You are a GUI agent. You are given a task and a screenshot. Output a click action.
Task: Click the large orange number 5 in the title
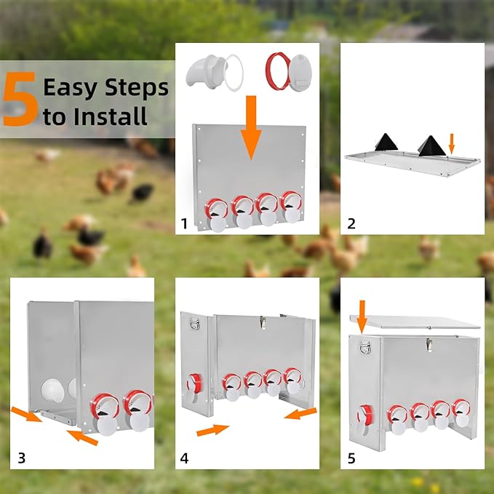[20, 99]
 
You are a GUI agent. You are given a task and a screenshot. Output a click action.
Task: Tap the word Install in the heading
[111, 116]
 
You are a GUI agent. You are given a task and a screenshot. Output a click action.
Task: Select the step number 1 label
[184, 223]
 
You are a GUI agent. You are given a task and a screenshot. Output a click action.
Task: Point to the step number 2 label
[351, 223]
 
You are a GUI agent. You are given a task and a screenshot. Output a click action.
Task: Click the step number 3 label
[21, 458]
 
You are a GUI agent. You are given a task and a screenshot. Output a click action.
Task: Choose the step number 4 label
[184, 458]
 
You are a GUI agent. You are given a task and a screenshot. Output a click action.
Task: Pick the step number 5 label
[351, 458]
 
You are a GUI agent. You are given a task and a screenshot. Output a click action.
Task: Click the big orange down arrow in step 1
[251, 127]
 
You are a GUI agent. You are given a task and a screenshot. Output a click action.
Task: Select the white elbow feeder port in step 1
[204, 70]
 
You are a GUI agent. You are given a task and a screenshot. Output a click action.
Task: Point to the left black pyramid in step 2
[386, 143]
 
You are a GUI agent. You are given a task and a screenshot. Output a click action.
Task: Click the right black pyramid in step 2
[431, 146]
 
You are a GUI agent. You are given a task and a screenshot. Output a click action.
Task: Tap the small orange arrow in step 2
[452, 143]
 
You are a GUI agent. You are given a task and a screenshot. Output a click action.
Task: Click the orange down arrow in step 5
[362, 316]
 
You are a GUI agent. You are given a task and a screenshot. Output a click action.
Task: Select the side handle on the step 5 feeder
[365, 346]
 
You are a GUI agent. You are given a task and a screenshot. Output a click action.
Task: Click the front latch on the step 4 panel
[263, 322]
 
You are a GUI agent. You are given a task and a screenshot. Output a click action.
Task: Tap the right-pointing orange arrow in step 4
[212, 430]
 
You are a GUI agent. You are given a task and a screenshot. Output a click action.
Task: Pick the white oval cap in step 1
[300, 73]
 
